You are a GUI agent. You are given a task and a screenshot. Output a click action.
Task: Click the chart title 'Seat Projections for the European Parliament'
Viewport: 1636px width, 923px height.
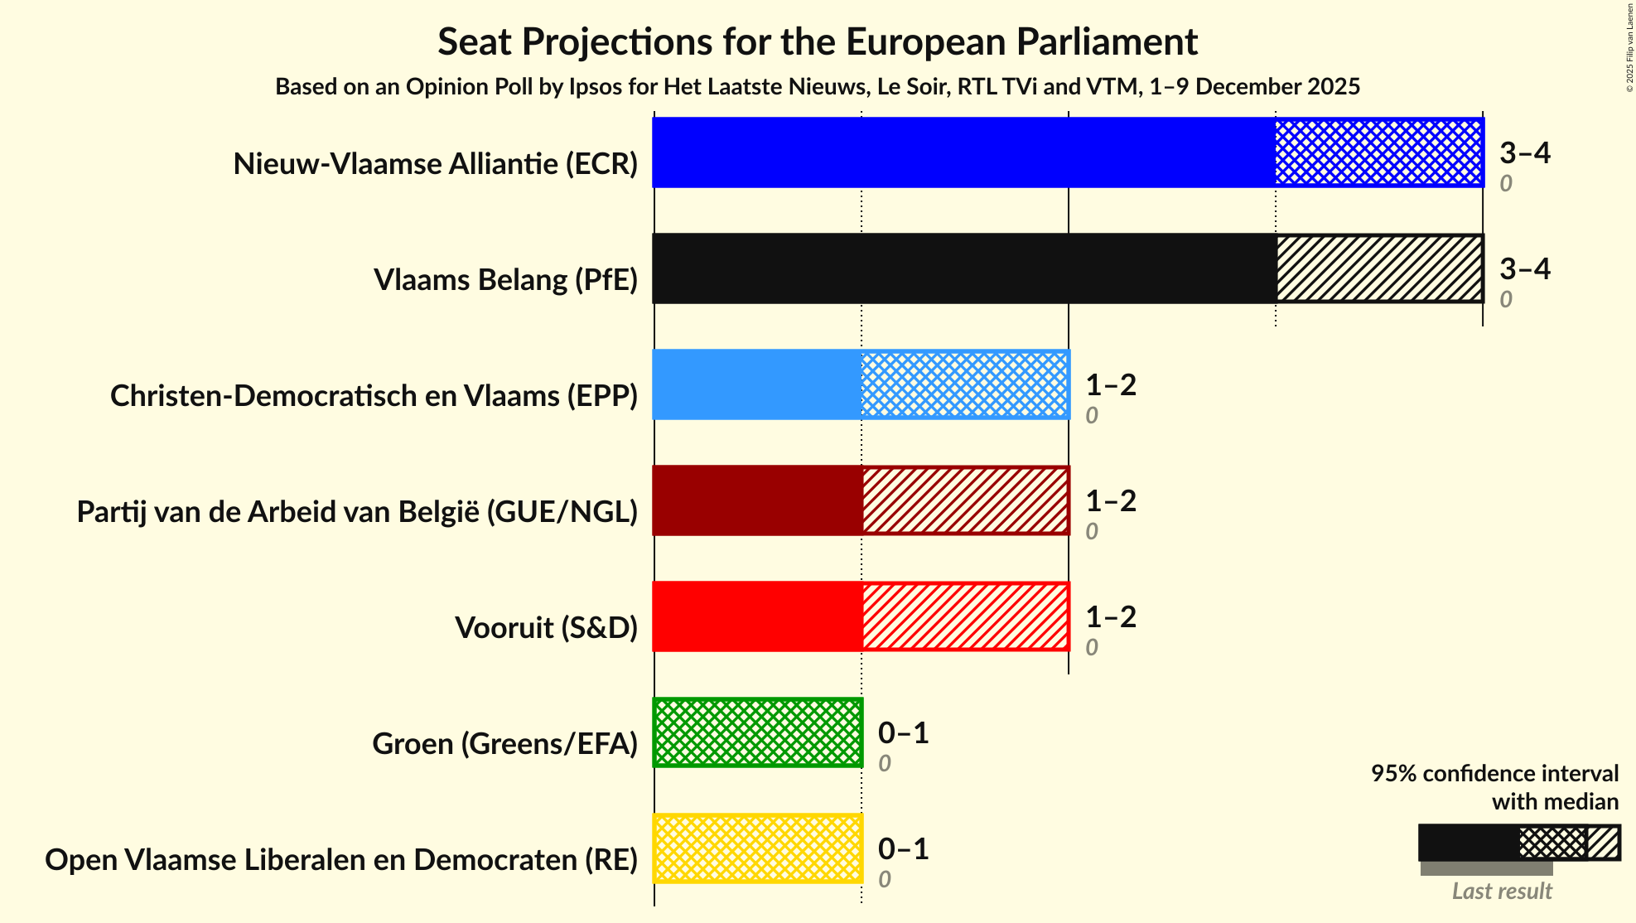click(x=817, y=41)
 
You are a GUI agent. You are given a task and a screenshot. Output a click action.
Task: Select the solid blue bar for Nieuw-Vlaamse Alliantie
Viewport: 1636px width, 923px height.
click(x=963, y=152)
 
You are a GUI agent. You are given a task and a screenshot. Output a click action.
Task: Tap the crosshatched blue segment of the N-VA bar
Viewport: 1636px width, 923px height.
click(x=1378, y=152)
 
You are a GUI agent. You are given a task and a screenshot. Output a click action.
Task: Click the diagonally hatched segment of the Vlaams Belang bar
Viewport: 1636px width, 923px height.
click(x=1378, y=268)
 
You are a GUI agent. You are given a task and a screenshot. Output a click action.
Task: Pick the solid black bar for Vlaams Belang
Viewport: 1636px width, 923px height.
click(x=963, y=268)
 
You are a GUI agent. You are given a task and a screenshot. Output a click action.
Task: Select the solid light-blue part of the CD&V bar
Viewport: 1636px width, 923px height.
click(x=757, y=384)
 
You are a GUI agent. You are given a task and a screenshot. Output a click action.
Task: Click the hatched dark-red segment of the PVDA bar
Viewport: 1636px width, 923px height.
click(x=965, y=500)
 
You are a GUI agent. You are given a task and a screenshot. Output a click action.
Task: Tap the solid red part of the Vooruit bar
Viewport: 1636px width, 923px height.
click(x=757, y=616)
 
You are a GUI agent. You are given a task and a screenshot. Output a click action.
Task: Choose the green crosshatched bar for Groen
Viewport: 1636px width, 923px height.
click(x=758, y=732)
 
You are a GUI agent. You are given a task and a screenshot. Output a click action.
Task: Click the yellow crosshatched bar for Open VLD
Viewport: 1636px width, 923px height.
click(x=758, y=848)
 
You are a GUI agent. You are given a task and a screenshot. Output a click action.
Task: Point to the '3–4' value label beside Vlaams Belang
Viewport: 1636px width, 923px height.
click(x=1524, y=268)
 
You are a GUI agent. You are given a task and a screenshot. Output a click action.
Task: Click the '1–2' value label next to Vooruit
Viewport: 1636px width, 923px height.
click(x=1110, y=616)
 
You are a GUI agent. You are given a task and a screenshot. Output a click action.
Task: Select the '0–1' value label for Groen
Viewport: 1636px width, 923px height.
click(x=903, y=732)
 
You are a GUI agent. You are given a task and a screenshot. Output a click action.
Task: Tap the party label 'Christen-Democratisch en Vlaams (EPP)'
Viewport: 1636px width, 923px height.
click(x=374, y=396)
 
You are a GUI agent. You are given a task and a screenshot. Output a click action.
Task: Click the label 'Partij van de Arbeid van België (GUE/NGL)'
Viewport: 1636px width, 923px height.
click(x=357, y=512)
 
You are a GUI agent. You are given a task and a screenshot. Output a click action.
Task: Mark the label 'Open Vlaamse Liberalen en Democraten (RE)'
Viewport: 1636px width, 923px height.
click(x=341, y=860)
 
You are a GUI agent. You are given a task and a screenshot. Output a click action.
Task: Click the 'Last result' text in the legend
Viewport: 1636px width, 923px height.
click(x=1501, y=892)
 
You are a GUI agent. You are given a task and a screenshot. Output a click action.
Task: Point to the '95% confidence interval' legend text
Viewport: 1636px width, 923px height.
click(x=1494, y=774)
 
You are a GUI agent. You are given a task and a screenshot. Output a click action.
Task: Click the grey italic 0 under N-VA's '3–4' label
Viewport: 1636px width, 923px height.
click(x=1505, y=183)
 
